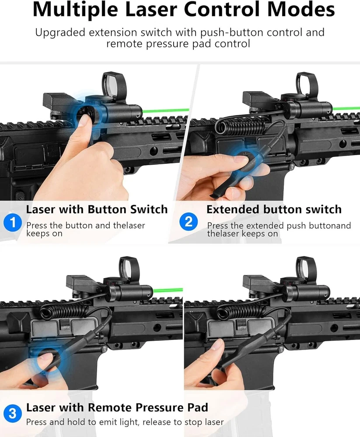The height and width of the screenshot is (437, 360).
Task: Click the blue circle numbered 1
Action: (x=13, y=222)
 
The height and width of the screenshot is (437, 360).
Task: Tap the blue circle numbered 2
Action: (x=189, y=222)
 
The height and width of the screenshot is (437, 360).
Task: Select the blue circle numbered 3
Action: (x=13, y=413)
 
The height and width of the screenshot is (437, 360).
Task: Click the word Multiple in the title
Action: (x=75, y=10)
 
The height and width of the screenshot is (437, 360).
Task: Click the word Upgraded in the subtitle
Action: (x=60, y=33)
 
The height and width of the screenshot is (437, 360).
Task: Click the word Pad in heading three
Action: (x=198, y=407)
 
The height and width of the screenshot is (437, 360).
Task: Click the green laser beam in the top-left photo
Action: (x=166, y=111)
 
